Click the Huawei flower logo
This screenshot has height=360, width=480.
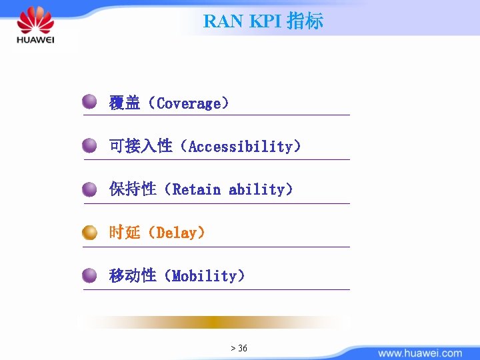pyautogui.click(x=35, y=20)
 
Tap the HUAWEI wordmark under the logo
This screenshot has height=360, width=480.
pyautogui.click(x=35, y=41)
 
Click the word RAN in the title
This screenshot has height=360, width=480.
pyautogui.click(x=224, y=21)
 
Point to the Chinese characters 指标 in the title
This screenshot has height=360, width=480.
pyautogui.click(x=305, y=21)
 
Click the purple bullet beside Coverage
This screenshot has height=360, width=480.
pyautogui.click(x=90, y=102)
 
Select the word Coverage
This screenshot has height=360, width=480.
pyautogui.click(x=188, y=103)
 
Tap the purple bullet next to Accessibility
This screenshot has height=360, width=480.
pyautogui.click(x=90, y=145)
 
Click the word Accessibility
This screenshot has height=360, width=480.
pyautogui.click(x=240, y=146)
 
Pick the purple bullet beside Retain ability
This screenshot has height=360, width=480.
pyautogui.click(x=90, y=189)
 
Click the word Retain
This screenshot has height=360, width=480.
pyautogui.click(x=197, y=189)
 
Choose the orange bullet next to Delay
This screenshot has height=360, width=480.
pyautogui.click(x=90, y=233)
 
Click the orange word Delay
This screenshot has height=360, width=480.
pyautogui.click(x=176, y=233)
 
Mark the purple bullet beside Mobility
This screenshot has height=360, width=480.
pyautogui.click(x=90, y=275)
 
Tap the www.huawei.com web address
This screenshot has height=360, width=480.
pyautogui.click(x=419, y=353)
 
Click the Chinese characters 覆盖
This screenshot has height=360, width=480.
pyautogui.click(x=125, y=103)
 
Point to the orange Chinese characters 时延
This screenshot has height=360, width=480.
pyautogui.click(x=125, y=233)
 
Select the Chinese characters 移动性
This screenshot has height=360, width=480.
pyautogui.click(x=133, y=276)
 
